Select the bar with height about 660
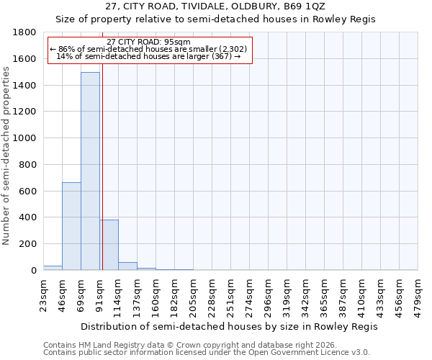click(x=71, y=226)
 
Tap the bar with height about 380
click(x=109, y=245)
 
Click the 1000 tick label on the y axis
click(x=24, y=138)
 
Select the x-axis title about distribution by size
click(x=229, y=326)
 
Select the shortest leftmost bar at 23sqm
click(x=53, y=268)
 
